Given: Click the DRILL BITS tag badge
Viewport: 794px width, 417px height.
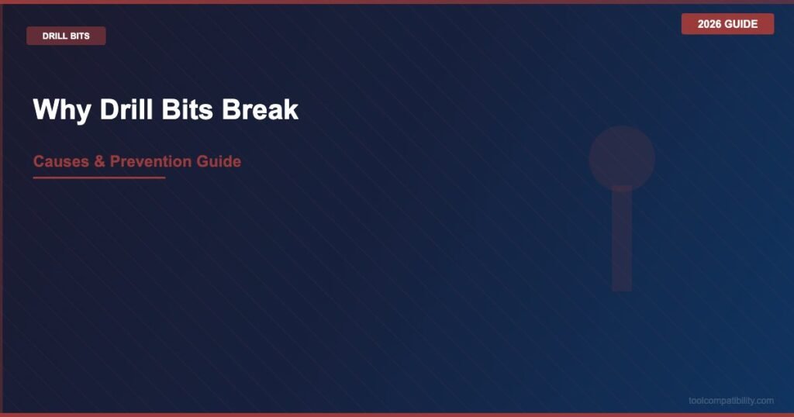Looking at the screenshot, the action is (66, 36).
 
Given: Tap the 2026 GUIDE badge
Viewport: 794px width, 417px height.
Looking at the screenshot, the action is (727, 24).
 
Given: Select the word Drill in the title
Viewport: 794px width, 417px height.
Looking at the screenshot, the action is (126, 109).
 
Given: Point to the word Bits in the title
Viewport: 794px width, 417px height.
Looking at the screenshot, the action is (188, 109).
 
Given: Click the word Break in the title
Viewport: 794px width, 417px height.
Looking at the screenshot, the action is (261, 109).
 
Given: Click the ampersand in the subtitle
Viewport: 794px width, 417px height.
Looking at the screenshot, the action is (99, 161).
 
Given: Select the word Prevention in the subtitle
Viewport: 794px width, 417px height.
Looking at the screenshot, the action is (150, 161).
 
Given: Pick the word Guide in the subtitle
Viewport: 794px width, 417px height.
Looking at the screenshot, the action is (219, 161).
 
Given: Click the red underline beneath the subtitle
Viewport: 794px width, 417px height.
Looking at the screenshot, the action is (99, 177).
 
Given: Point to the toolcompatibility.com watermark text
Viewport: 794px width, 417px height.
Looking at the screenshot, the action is (730, 401).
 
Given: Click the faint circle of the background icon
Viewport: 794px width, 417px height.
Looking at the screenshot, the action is (622, 158).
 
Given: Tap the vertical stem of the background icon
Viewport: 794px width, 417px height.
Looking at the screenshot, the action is (622, 239).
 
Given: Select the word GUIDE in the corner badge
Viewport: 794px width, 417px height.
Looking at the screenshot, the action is (741, 24).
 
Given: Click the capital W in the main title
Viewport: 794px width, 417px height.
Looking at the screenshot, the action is (46, 109).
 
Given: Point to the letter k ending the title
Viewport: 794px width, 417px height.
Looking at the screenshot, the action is (292, 109).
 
